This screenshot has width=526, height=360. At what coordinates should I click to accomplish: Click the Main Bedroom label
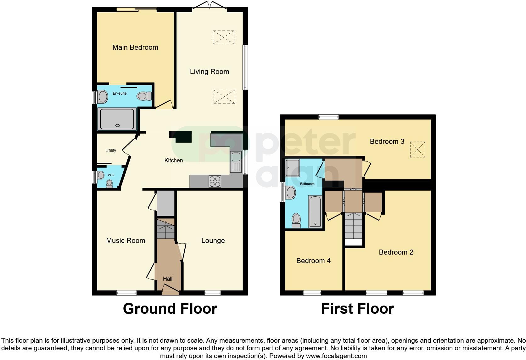click(x=135, y=48)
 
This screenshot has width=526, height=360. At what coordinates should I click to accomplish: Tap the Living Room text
click(x=209, y=72)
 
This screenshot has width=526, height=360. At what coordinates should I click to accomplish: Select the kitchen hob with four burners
click(x=215, y=182)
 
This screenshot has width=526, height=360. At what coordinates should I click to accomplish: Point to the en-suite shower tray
click(x=117, y=119)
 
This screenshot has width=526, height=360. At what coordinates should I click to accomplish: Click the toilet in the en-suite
click(x=144, y=96)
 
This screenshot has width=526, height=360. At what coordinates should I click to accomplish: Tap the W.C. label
click(x=111, y=175)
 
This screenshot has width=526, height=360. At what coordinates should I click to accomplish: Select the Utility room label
click(x=111, y=150)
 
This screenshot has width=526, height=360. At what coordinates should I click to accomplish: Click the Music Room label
click(x=126, y=241)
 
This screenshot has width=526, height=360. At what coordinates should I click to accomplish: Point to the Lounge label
click(x=213, y=241)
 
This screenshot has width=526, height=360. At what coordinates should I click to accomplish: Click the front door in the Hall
click(x=170, y=289)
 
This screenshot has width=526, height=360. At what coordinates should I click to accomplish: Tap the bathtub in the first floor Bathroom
click(x=315, y=211)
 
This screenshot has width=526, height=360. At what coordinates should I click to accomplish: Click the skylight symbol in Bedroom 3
click(x=417, y=149)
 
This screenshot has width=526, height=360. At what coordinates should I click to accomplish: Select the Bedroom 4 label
click(x=313, y=261)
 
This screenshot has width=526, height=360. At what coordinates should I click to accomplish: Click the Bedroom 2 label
click(x=396, y=252)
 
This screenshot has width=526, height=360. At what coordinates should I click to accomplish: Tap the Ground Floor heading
click(x=170, y=309)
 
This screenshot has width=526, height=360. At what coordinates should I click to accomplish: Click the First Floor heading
click(x=357, y=309)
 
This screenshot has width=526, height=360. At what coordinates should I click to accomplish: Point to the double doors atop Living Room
click(x=209, y=6)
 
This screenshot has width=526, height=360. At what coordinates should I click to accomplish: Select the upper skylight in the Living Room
click(x=223, y=37)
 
